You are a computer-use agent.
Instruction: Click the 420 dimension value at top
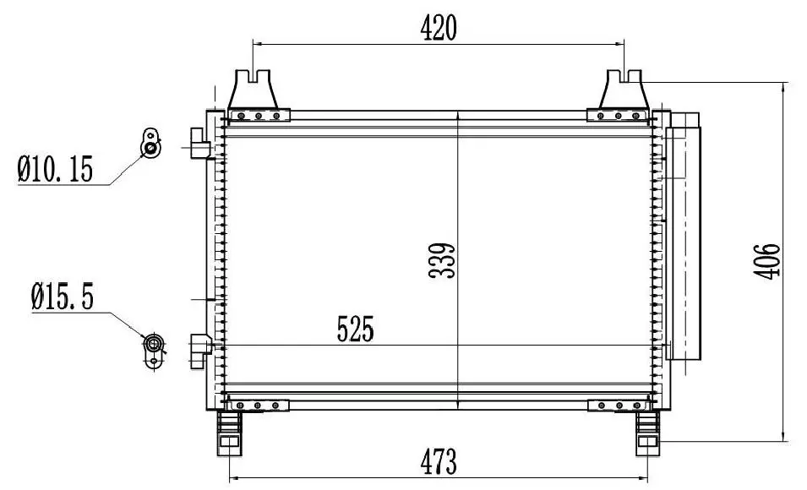tap(439, 28)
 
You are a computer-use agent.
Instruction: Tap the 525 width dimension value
tap(355, 329)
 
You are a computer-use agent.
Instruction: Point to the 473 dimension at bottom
tap(439, 461)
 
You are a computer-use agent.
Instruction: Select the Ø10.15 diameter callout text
tap(54, 170)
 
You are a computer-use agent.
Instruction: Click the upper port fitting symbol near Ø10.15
tap(150, 144)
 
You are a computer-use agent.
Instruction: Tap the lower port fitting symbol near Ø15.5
tap(153, 349)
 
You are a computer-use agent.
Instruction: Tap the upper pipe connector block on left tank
tap(200, 144)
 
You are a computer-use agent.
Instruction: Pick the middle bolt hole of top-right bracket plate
tap(619, 116)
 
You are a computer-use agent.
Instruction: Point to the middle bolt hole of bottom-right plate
tap(619, 406)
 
